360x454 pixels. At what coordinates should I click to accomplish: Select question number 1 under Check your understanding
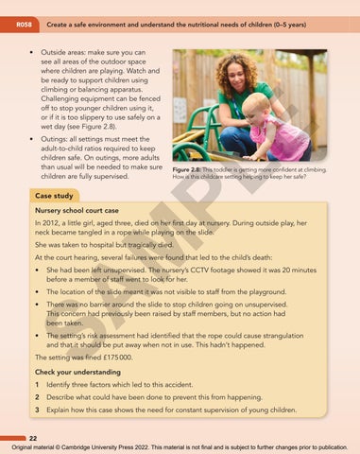pyautogui.click(x=36, y=386)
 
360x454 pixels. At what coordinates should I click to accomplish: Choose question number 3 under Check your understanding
pyautogui.click(x=36, y=412)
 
